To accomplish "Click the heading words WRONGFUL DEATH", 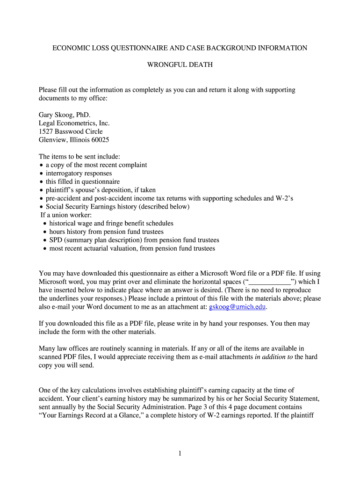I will click(180, 65).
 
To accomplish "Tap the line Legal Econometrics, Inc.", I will click(74, 123).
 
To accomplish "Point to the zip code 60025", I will click(99, 140).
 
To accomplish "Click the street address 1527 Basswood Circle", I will click(71, 131).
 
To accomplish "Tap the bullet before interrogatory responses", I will click(41, 174).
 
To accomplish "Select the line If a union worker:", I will click(66, 215).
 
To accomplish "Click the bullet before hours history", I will click(44, 232).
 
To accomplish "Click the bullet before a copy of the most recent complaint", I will click(41, 165).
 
